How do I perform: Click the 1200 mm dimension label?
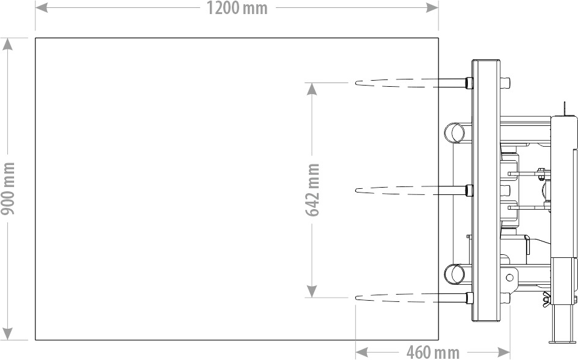[x=237, y=8]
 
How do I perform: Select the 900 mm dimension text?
[x=8, y=189]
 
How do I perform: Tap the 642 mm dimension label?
[x=312, y=189]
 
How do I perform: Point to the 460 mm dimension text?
[x=433, y=352]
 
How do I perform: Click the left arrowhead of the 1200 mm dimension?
[x=42, y=7]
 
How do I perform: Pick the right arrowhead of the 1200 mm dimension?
[x=432, y=7]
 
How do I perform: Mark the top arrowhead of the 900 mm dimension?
[x=7, y=44]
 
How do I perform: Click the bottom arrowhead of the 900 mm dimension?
[x=7, y=334]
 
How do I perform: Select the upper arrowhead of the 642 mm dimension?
[x=312, y=89]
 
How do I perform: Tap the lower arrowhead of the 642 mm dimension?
[x=312, y=291]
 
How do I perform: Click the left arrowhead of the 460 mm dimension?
[x=362, y=352]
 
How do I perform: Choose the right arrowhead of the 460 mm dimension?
[x=503, y=352]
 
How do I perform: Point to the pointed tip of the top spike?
[x=357, y=83]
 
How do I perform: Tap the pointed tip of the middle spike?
[x=357, y=190]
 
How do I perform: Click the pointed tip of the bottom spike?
[x=357, y=298]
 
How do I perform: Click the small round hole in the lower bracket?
[x=509, y=277]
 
